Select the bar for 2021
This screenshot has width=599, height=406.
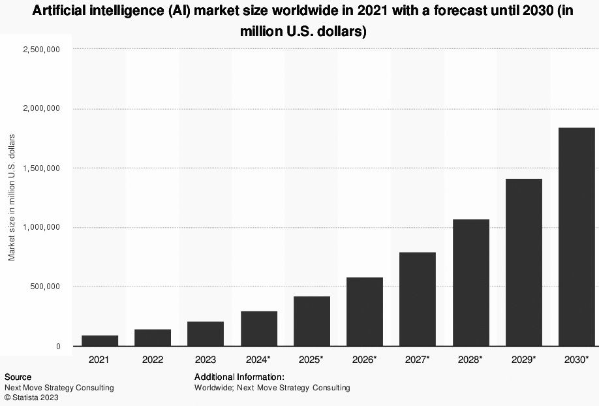point(100,341)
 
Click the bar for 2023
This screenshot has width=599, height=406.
point(206,334)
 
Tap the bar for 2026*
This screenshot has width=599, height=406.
point(365,311)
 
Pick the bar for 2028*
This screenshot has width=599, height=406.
point(470,283)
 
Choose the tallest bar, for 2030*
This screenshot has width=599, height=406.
point(577,237)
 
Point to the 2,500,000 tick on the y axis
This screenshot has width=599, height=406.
point(41,50)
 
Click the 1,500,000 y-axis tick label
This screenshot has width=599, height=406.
point(41,168)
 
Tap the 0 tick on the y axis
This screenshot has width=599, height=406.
point(57,347)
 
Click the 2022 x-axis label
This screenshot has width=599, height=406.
point(153,360)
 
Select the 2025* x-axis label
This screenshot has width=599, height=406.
point(312,360)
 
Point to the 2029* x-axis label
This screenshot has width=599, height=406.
point(524,360)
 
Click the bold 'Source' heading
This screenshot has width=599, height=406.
point(18,377)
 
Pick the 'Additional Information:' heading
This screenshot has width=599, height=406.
point(239,377)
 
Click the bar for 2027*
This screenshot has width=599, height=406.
point(418,299)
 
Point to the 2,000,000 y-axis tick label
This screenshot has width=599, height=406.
point(41,109)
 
